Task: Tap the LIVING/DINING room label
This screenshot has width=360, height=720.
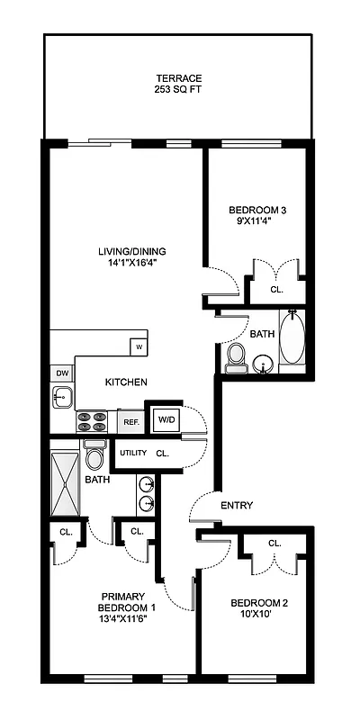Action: (132, 251)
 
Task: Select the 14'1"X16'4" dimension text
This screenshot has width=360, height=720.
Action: (132, 264)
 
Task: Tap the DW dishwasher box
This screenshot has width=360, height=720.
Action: (62, 373)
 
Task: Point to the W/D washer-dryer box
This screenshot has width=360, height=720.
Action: (166, 418)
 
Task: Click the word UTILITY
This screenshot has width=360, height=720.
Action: (133, 454)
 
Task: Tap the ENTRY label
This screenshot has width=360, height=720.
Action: (236, 505)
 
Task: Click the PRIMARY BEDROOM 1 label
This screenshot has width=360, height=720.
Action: (128, 602)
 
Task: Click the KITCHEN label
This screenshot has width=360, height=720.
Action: (126, 382)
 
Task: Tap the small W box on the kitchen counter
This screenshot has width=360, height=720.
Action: (139, 346)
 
